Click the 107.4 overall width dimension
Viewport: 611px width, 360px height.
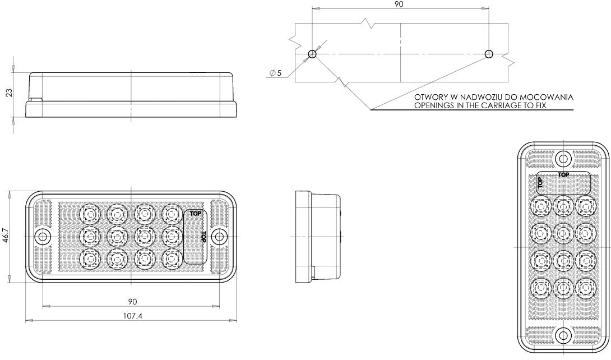pyautogui.click(x=133, y=316)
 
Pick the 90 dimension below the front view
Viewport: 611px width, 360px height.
pyautogui.click(x=133, y=302)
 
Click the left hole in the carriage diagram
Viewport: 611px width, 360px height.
pyautogui.click(x=312, y=54)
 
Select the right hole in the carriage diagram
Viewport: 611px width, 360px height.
pyautogui.click(x=489, y=54)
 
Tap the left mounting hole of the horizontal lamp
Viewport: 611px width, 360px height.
pyautogui.click(x=42, y=237)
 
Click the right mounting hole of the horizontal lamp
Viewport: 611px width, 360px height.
pyautogui.click(x=219, y=237)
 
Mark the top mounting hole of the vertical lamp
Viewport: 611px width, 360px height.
pyautogui.click(x=563, y=158)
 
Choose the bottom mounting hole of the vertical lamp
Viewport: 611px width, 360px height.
pyautogui.click(x=563, y=335)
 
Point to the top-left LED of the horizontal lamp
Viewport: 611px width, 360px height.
pyautogui.click(x=90, y=214)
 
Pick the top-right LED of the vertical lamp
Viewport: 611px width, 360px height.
pyautogui.click(x=585, y=206)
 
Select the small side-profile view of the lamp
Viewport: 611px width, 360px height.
pyautogui.click(x=318, y=237)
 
